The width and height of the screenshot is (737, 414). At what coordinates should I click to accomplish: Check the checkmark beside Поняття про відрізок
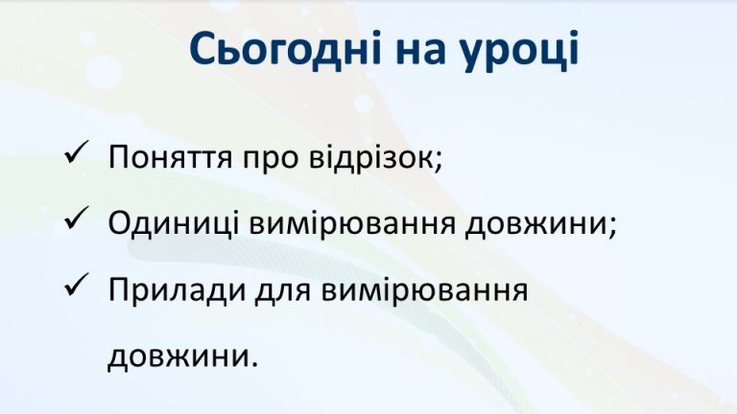[76, 154]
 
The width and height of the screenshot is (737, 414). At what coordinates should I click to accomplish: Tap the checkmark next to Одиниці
[76, 221]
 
